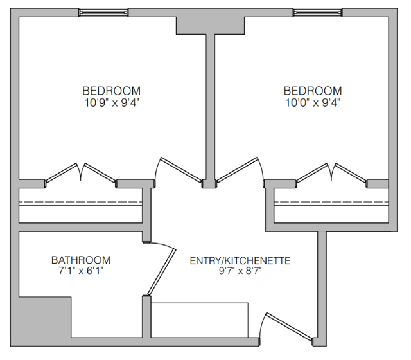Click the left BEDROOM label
111,91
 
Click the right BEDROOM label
312,91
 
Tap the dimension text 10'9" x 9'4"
111,102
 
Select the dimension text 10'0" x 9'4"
312,102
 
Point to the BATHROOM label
81,260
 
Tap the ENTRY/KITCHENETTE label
240,260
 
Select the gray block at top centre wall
211,24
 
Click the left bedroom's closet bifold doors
81,174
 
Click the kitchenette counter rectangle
200,319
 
